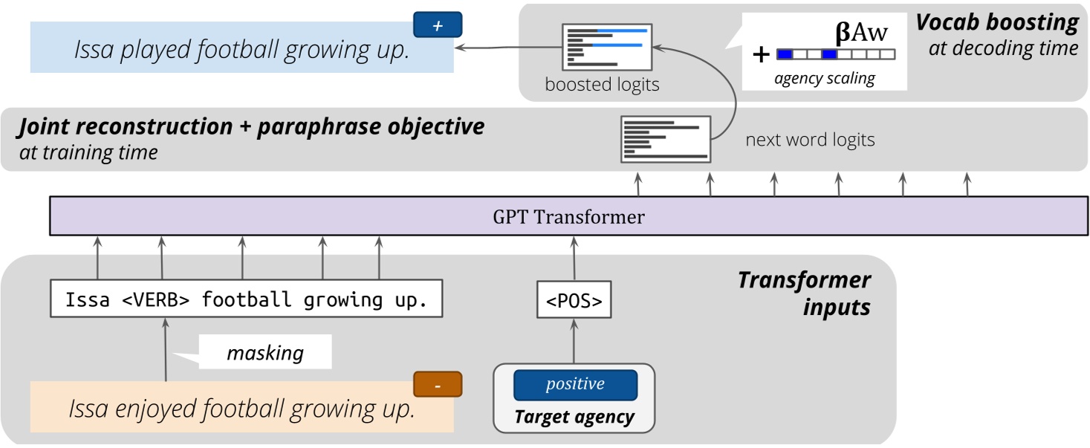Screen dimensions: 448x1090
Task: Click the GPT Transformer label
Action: coord(568,218)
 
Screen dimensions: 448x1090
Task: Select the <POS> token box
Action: coord(574,301)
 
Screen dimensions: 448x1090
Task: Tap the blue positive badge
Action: coord(575,385)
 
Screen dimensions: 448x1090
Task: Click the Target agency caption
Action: coord(574,417)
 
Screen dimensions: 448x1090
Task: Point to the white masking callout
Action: coord(265,352)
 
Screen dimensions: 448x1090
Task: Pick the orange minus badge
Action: coord(438,385)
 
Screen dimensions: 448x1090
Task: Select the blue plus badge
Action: coord(438,25)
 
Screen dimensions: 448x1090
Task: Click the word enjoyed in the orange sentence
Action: coord(157,409)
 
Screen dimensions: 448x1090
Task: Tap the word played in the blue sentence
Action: coord(159,50)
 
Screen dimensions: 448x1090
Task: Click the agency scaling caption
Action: coord(824,78)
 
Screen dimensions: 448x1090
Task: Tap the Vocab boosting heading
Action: coord(996,22)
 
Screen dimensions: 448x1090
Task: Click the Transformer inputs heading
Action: coord(805,293)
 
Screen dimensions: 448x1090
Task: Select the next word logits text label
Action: coord(810,139)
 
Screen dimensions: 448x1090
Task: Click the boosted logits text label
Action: coord(602,85)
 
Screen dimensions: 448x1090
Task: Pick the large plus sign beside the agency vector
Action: coord(760,54)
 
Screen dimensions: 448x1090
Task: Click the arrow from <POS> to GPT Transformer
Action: coord(574,257)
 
